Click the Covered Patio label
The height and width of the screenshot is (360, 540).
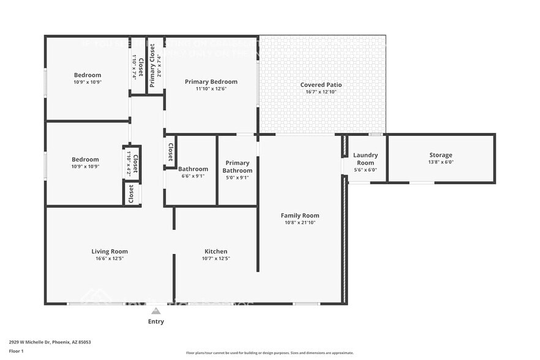point(321,85)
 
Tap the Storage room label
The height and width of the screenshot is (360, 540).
point(440,156)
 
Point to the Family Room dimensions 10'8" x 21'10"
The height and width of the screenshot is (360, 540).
point(300,222)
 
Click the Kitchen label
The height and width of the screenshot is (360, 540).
point(216,251)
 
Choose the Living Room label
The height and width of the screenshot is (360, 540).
point(110,251)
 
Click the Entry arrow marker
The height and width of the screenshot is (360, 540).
point(156,311)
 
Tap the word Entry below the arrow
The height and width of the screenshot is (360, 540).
point(156,321)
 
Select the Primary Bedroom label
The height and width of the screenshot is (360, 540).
point(211,81)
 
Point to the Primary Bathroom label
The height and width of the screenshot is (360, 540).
point(237,167)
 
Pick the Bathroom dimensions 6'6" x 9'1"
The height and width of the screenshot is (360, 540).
point(193,176)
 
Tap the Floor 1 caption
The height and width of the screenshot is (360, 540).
point(16,351)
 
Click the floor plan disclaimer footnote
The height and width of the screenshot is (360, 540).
point(269,353)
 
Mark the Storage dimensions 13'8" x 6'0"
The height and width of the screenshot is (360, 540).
point(440,162)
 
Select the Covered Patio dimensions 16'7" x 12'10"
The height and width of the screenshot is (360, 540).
point(321,92)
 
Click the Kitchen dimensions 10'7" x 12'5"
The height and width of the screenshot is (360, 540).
point(216,258)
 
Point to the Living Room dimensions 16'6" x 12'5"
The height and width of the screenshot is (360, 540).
point(110,258)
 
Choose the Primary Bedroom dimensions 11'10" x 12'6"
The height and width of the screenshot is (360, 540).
point(211,88)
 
